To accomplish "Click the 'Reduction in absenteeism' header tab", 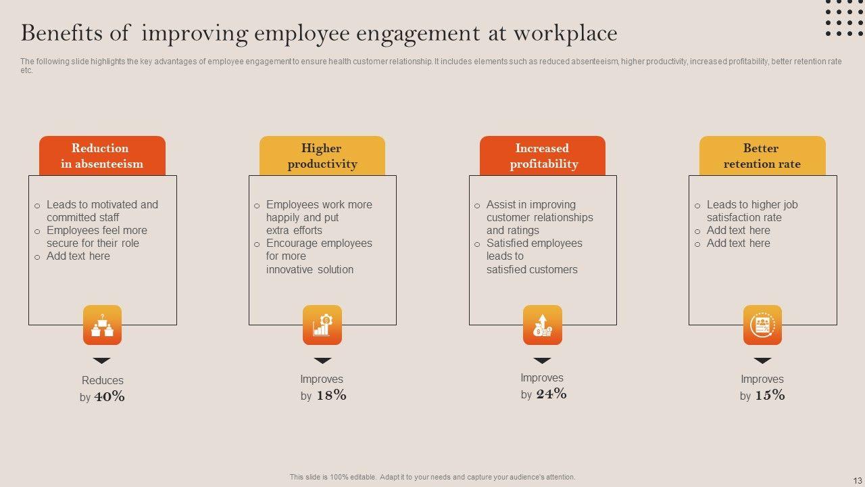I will (102, 156).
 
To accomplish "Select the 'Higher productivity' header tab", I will (322, 156).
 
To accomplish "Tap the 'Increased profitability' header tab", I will (543, 156).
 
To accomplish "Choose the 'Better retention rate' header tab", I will (762, 156).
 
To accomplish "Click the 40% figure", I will (109, 397).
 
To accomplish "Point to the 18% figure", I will (331, 396).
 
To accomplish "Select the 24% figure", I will (551, 394).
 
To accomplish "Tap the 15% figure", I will (770, 396).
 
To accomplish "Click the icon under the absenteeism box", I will (102, 325).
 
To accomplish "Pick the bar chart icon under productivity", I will (322, 325).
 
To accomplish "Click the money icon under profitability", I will (543, 325).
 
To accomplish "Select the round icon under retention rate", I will (762, 325).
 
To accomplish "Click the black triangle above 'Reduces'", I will (102, 361).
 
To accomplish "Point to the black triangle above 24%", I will (543, 361).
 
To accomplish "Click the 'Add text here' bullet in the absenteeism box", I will (78, 256).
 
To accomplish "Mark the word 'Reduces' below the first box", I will (103, 381).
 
